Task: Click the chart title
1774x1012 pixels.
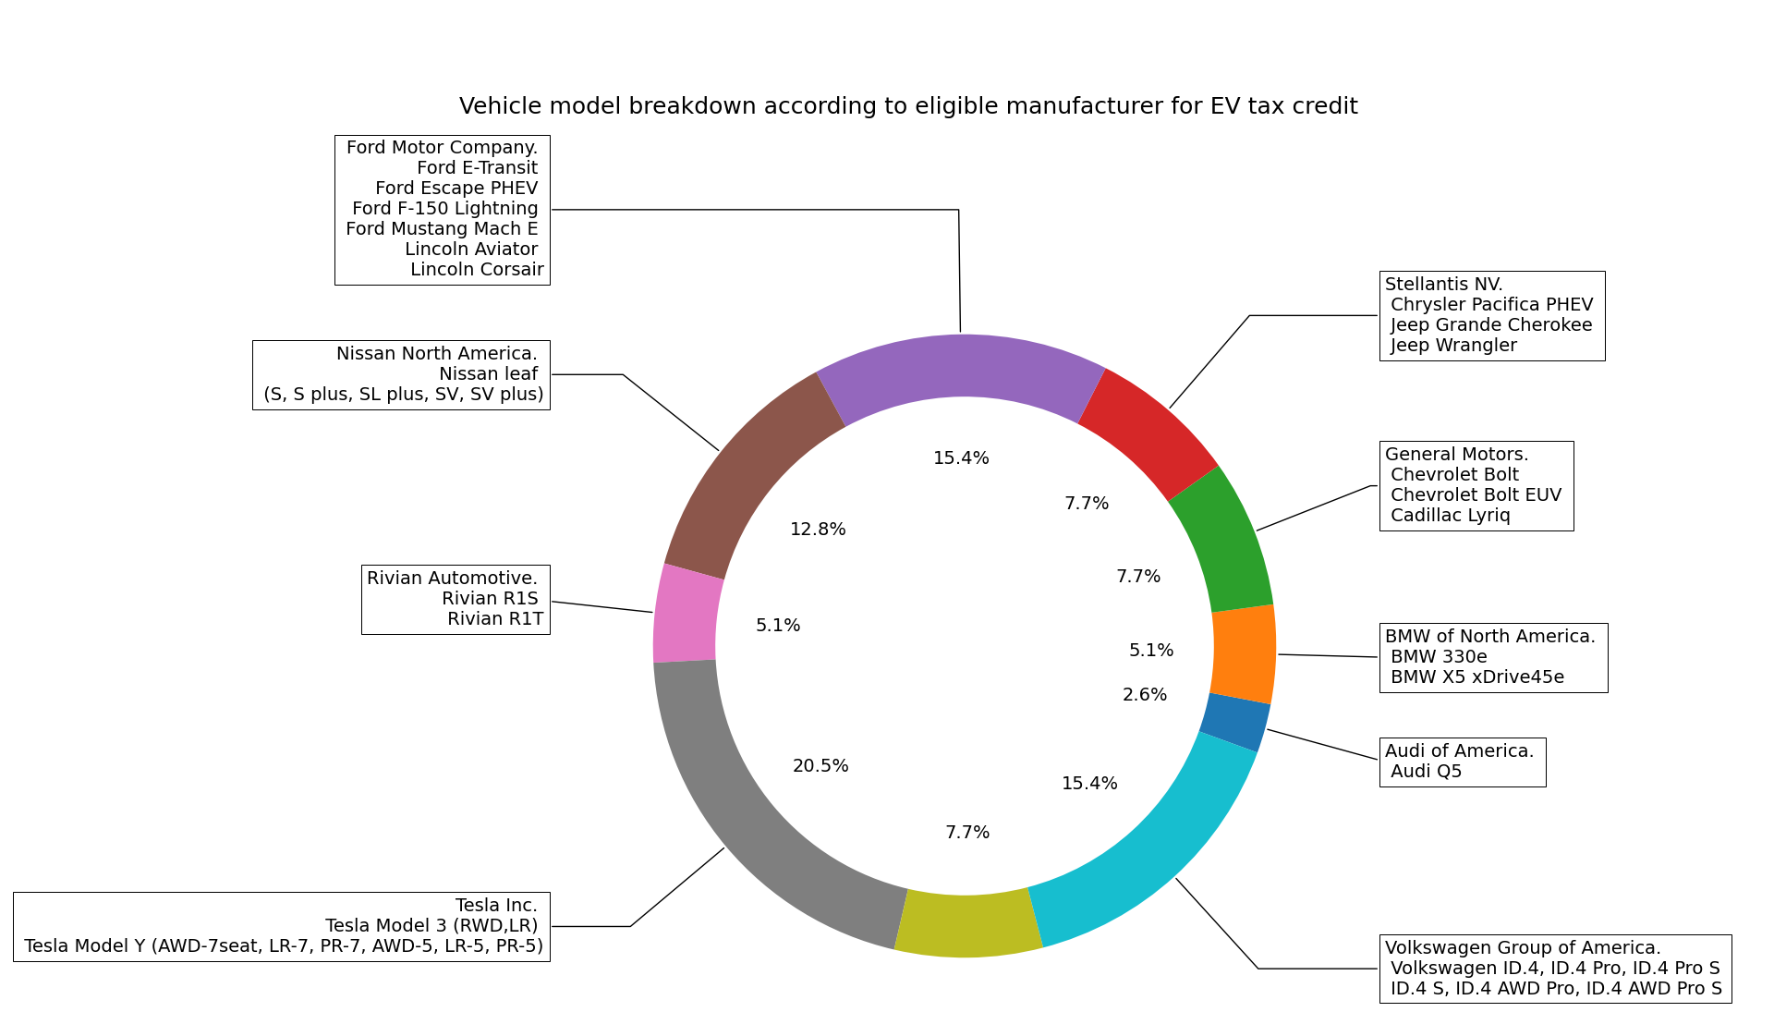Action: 908,106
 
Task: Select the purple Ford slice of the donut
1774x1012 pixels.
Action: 961,366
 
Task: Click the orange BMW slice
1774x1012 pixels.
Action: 1244,652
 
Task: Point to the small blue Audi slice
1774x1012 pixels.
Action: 1235,722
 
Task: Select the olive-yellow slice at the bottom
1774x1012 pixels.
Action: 966,925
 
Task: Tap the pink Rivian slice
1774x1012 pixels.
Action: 685,614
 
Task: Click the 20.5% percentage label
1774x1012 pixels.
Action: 820,766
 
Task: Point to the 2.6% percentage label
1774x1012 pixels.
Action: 1145,695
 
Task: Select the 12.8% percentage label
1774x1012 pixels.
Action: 818,530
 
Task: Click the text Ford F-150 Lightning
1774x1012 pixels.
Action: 444,209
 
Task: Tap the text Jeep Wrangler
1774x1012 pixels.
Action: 1453,346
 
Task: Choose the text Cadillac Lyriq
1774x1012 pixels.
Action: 1450,516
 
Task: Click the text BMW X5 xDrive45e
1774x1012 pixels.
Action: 1476,677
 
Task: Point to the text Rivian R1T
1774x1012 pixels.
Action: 495,619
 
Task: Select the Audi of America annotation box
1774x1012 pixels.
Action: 1462,762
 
